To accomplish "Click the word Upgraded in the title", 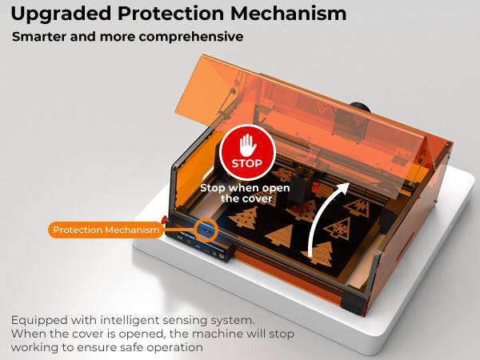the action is [x=61, y=14].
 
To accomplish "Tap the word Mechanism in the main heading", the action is [x=288, y=14].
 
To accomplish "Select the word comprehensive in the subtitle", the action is [x=191, y=37].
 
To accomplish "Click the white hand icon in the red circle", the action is [x=248, y=145].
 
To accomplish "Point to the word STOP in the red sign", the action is [x=247, y=163].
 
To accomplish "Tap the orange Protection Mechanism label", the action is [x=106, y=230].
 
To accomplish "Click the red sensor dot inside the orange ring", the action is [x=207, y=231].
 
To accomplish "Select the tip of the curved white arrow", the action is [x=349, y=182].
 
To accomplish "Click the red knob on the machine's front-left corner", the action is [x=164, y=219].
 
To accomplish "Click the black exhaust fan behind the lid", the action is [x=361, y=107].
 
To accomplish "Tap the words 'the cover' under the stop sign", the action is [x=246, y=198].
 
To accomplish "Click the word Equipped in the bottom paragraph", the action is [x=39, y=321].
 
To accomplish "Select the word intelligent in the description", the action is [x=130, y=320].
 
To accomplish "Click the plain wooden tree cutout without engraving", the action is [x=279, y=235].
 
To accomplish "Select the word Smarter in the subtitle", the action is [x=39, y=37].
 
